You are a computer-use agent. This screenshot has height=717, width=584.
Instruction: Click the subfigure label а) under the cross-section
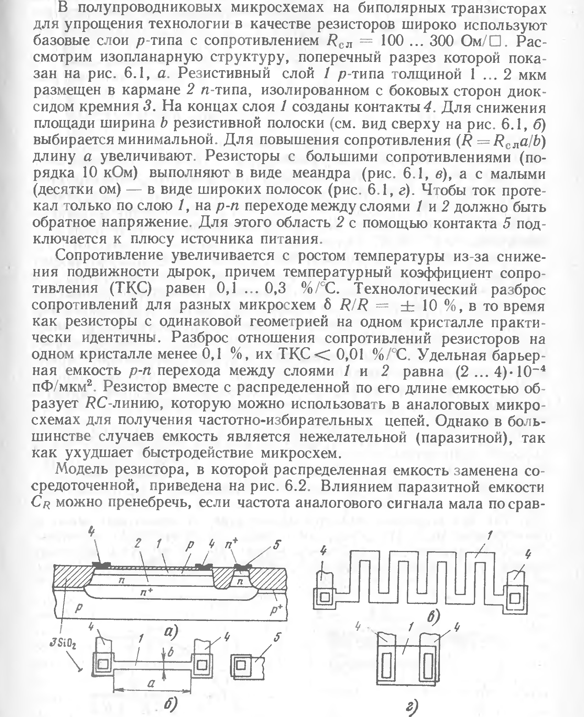[x=171, y=633]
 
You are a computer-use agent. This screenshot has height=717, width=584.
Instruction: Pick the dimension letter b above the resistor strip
[x=170, y=652]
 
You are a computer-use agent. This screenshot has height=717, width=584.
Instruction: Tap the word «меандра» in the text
[x=321, y=173]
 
